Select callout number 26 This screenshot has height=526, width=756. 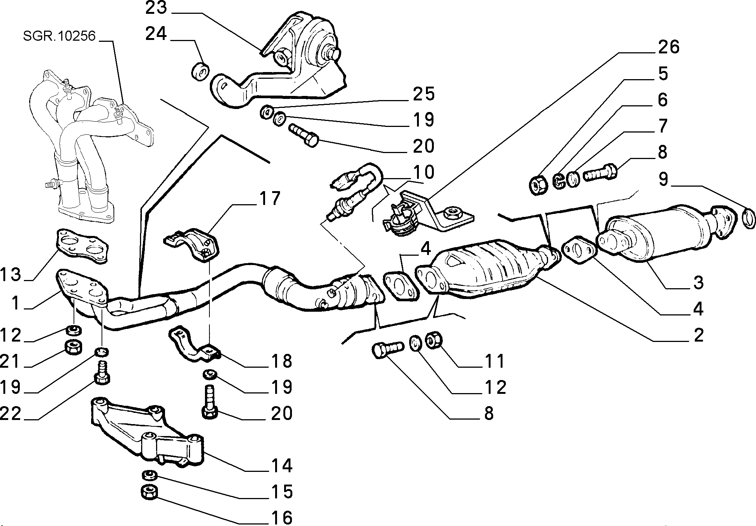669,47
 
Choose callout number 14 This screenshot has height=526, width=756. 282,466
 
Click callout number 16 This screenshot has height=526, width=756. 282,518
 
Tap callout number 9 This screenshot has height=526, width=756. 663,179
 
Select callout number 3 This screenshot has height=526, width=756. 699,283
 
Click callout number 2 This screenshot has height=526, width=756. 699,335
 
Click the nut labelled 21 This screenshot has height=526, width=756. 74,347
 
